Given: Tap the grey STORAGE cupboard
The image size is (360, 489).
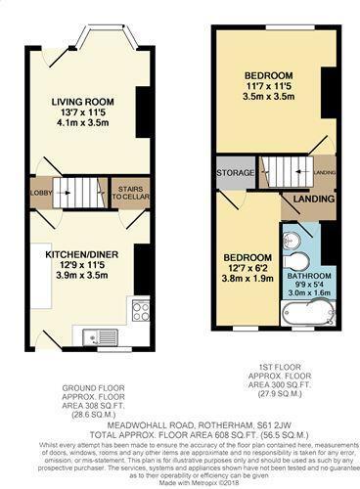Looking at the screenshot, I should click(234, 179).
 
